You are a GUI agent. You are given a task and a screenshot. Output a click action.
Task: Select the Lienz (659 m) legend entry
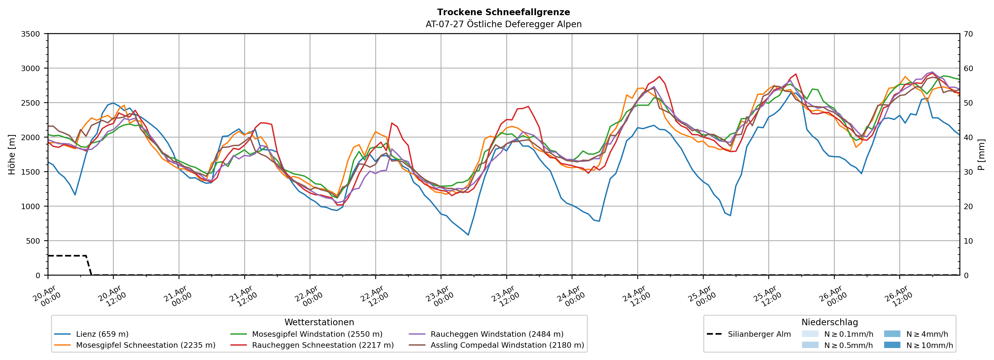point(102,334)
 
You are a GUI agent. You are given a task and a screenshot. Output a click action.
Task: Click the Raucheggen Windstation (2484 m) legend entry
point(497,334)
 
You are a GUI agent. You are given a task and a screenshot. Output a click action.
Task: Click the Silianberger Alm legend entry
point(759,334)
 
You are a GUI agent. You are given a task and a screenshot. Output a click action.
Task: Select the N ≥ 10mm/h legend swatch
point(892,345)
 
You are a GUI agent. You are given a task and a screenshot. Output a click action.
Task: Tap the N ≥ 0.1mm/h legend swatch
point(810,334)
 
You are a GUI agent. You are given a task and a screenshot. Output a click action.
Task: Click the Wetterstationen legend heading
point(319,322)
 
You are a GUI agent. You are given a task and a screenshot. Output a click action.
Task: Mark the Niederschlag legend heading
point(830,322)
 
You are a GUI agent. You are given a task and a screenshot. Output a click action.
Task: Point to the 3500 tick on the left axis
point(31,34)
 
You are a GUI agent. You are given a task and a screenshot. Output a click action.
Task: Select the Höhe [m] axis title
point(12,154)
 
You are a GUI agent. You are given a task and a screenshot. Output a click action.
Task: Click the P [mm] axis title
point(981,154)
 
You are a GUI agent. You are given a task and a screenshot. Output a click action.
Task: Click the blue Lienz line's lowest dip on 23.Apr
point(468,235)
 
